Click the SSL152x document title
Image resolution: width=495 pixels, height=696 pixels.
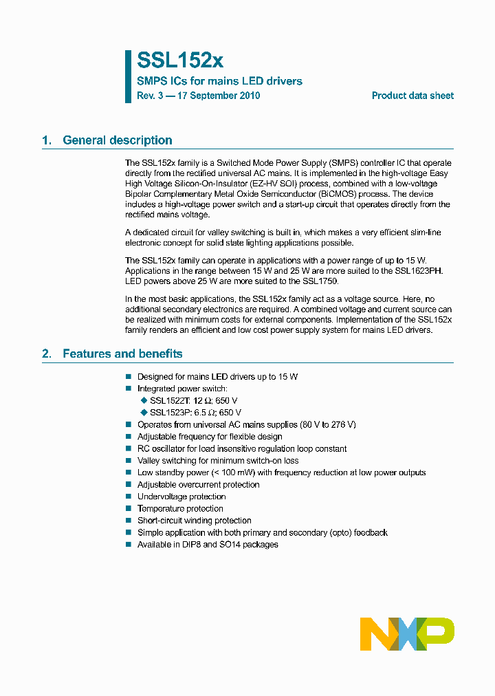180,61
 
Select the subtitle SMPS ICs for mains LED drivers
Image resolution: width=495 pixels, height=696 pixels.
219,81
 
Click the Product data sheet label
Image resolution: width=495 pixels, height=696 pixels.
412,96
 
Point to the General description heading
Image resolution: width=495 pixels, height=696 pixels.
117,140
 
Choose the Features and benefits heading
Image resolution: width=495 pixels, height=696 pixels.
122,354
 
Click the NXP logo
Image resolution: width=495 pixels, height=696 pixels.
407,633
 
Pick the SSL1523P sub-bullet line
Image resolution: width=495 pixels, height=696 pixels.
195,413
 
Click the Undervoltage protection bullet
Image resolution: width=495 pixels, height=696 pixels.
181,497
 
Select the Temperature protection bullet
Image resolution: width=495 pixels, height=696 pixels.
180,508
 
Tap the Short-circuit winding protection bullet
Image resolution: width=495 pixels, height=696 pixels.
194,521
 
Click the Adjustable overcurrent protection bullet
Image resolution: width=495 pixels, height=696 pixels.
198,484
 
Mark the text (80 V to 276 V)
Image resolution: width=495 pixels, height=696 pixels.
328,424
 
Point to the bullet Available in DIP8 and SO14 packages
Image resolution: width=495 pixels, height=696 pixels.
208,544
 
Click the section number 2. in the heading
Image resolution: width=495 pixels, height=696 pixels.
47,354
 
